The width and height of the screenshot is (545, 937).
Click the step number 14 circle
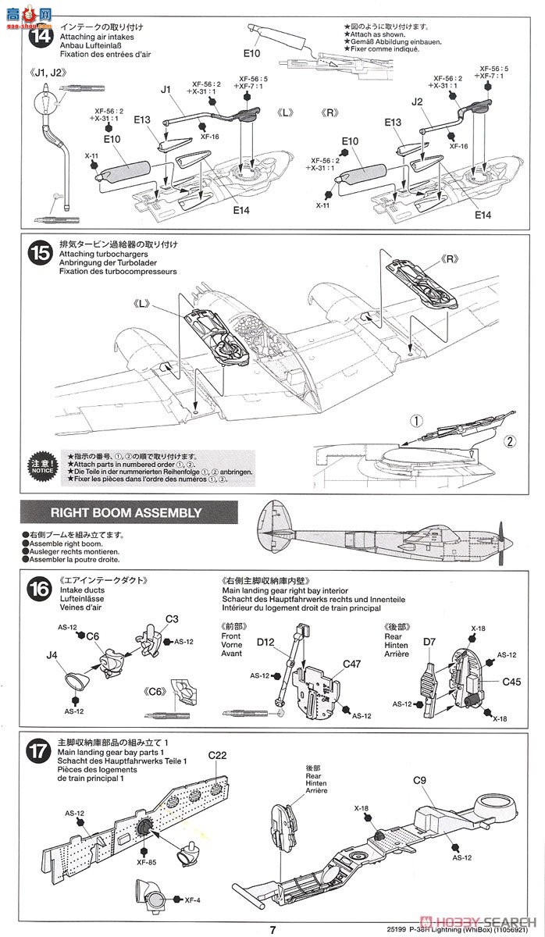tap(39, 36)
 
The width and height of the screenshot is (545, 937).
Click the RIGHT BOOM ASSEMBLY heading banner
tap(126, 513)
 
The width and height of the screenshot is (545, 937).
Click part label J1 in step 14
tap(165, 90)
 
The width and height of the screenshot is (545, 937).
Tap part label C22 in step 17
tap(217, 755)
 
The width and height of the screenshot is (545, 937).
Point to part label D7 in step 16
tap(429, 642)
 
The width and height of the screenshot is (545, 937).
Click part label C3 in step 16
tap(172, 618)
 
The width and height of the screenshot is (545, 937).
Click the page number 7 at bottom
tap(272, 929)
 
